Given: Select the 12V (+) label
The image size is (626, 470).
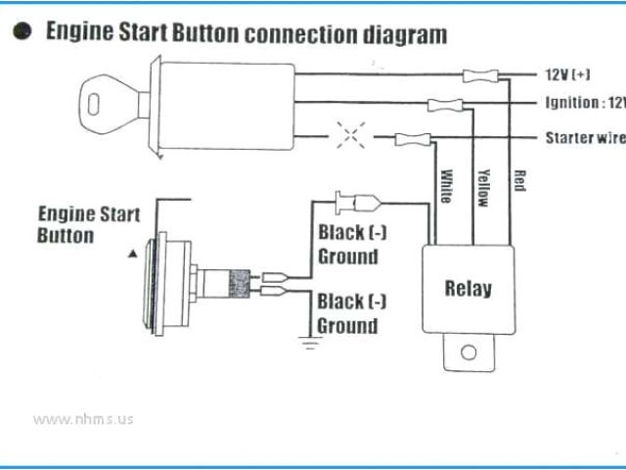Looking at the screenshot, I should (568, 74).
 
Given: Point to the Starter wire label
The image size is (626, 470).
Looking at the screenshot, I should (584, 138).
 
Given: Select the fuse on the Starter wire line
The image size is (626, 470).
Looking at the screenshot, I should (409, 140).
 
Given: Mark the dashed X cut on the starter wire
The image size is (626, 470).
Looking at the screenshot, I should (348, 136).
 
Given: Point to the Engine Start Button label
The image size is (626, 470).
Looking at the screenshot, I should (88, 224).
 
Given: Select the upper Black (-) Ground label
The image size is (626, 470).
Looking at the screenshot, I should (351, 245).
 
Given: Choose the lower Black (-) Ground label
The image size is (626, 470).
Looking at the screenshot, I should (351, 312).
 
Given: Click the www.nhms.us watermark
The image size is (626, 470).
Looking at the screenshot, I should (83, 418).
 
